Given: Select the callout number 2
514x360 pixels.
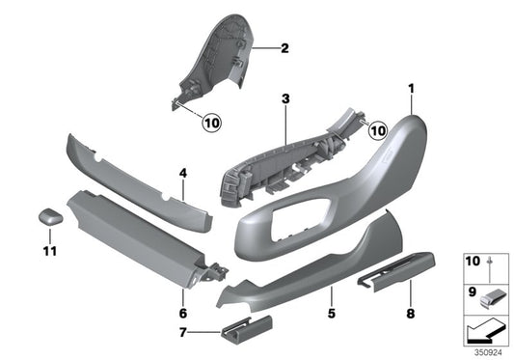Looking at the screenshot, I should tap(284, 47).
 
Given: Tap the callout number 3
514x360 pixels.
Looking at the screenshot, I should tap(286, 98).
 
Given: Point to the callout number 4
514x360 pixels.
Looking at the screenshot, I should tap(182, 174).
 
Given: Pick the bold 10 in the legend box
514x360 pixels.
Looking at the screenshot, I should tap(473, 262).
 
